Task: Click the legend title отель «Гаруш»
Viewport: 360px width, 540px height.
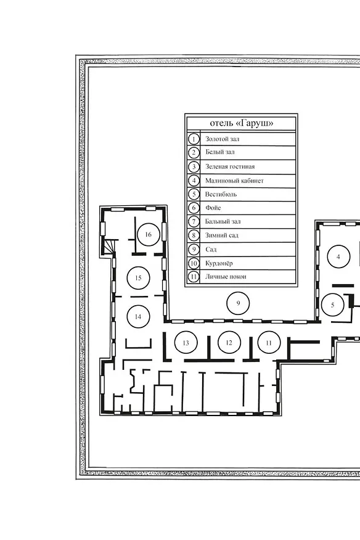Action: (x=242, y=123)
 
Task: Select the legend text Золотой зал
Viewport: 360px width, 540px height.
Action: (x=222, y=139)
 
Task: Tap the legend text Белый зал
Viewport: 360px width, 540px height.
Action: (x=220, y=152)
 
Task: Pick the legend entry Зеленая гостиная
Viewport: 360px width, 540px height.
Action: (x=230, y=166)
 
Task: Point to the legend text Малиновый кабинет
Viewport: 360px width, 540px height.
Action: (x=234, y=181)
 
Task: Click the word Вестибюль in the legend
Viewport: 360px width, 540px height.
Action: (x=221, y=194)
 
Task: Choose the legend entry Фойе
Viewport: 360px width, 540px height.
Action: (x=213, y=208)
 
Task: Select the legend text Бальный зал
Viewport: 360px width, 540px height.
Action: (x=223, y=221)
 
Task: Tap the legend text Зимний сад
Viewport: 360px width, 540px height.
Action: (x=221, y=235)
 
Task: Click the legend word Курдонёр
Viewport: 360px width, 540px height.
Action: (x=219, y=263)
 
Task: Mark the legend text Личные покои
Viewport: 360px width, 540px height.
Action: (x=226, y=277)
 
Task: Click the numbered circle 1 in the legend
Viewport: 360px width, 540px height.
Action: (x=194, y=139)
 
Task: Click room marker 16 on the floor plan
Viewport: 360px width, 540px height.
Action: (x=149, y=234)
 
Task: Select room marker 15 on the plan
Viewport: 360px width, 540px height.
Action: (x=139, y=278)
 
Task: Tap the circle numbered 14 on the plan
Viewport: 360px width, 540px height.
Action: (x=138, y=317)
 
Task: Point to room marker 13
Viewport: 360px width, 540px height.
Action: (x=186, y=343)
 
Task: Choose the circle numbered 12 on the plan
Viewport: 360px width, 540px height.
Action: (x=229, y=342)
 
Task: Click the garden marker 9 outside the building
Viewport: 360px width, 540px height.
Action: (x=238, y=303)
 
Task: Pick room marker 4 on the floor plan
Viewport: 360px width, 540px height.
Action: (x=338, y=256)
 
